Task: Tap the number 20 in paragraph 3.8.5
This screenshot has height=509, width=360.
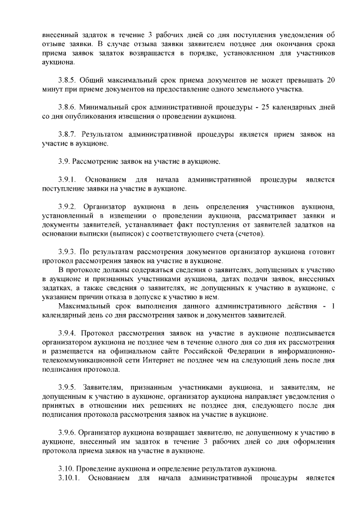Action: tap(330, 80)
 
